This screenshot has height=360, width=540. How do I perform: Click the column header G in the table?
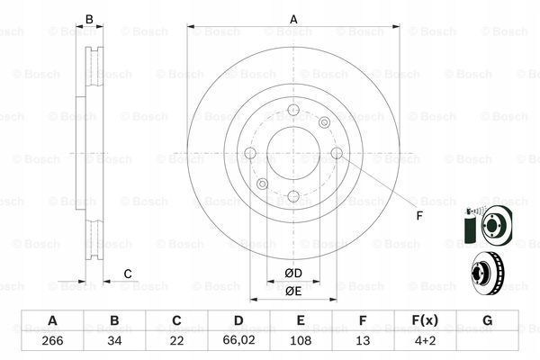pos(486,321)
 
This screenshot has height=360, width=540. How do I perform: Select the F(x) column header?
pos(424,321)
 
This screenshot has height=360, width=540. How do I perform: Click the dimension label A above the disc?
pos(292,19)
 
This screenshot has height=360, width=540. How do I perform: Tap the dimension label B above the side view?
pos(88,19)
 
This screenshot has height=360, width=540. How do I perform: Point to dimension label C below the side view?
pos(128,274)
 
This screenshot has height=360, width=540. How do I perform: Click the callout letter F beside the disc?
pos(418,215)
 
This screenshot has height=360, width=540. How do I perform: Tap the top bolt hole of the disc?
pos(292,112)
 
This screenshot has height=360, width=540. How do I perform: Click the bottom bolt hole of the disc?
pos(292,195)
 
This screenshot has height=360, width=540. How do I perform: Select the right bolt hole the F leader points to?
pos(337,154)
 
